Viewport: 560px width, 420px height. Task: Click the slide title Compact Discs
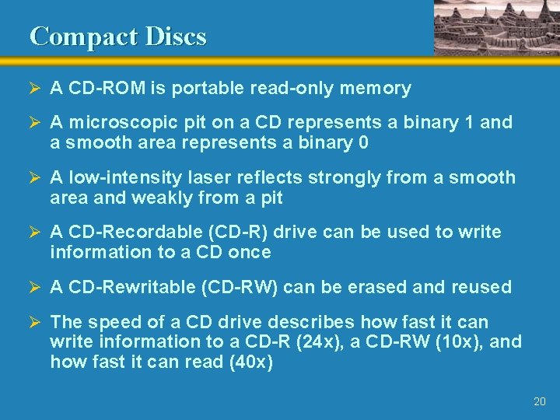coord(118,37)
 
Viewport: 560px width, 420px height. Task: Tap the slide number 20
coord(540,401)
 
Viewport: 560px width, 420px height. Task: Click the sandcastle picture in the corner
coord(495,26)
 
